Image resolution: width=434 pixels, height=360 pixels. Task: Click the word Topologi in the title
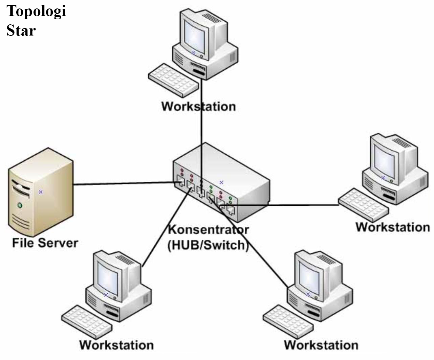(x=36, y=12)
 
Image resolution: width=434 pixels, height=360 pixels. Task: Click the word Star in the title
(x=21, y=30)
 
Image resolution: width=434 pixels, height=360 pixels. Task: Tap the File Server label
(x=45, y=243)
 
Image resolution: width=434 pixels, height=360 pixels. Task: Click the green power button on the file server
(x=20, y=205)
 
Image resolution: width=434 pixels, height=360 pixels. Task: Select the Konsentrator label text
(x=208, y=230)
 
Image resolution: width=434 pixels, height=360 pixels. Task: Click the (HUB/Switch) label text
(x=208, y=245)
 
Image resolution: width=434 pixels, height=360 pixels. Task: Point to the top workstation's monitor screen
(x=195, y=38)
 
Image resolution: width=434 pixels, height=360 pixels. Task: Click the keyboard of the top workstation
(x=173, y=81)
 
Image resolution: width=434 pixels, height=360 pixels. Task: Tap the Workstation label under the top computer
(x=198, y=107)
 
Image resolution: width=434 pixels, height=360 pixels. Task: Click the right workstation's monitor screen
(x=384, y=162)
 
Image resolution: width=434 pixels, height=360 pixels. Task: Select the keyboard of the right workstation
(x=363, y=205)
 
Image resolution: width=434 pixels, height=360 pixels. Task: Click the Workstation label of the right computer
(x=393, y=227)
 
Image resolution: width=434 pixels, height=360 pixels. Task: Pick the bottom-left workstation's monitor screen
(x=108, y=279)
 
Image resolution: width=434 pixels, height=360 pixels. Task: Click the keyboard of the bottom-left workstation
(x=87, y=322)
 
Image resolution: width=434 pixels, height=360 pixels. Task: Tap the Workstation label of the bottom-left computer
(x=116, y=345)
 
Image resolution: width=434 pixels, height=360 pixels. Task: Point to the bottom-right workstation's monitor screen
(x=309, y=279)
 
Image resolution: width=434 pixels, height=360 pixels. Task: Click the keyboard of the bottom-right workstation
(x=288, y=322)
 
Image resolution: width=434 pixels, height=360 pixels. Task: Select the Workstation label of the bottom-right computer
(x=321, y=345)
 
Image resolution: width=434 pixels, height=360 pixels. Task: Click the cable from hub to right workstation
(x=279, y=205)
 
